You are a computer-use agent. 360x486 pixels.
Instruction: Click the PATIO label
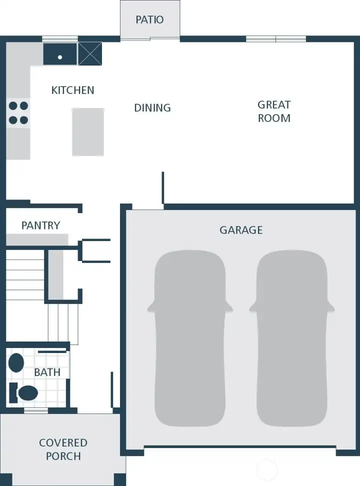tap(150, 20)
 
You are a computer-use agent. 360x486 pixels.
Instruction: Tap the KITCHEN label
tap(73, 90)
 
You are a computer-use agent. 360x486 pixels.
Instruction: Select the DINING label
tap(152, 108)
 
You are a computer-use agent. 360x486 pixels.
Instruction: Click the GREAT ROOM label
tap(274, 111)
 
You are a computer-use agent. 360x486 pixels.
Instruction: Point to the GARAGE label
tap(241, 230)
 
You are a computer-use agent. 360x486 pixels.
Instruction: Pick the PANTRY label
tap(40, 225)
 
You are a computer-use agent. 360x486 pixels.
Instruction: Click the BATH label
tap(47, 372)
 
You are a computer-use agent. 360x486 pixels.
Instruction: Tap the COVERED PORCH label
tap(63, 449)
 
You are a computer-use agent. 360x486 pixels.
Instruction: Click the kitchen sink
tap(60, 54)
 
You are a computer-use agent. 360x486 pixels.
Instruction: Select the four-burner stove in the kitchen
tap(18, 112)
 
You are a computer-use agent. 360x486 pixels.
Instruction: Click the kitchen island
tap(88, 132)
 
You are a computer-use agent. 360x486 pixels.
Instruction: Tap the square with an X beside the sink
tap(90, 54)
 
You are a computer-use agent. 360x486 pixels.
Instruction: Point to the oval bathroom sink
tap(16, 363)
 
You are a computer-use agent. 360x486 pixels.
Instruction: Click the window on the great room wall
tap(276, 39)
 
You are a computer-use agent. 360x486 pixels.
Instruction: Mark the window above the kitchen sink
tap(60, 39)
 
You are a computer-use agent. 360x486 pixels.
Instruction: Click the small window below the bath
tap(36, 410)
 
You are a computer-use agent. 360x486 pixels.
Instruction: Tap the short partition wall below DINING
tap(163, 187)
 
